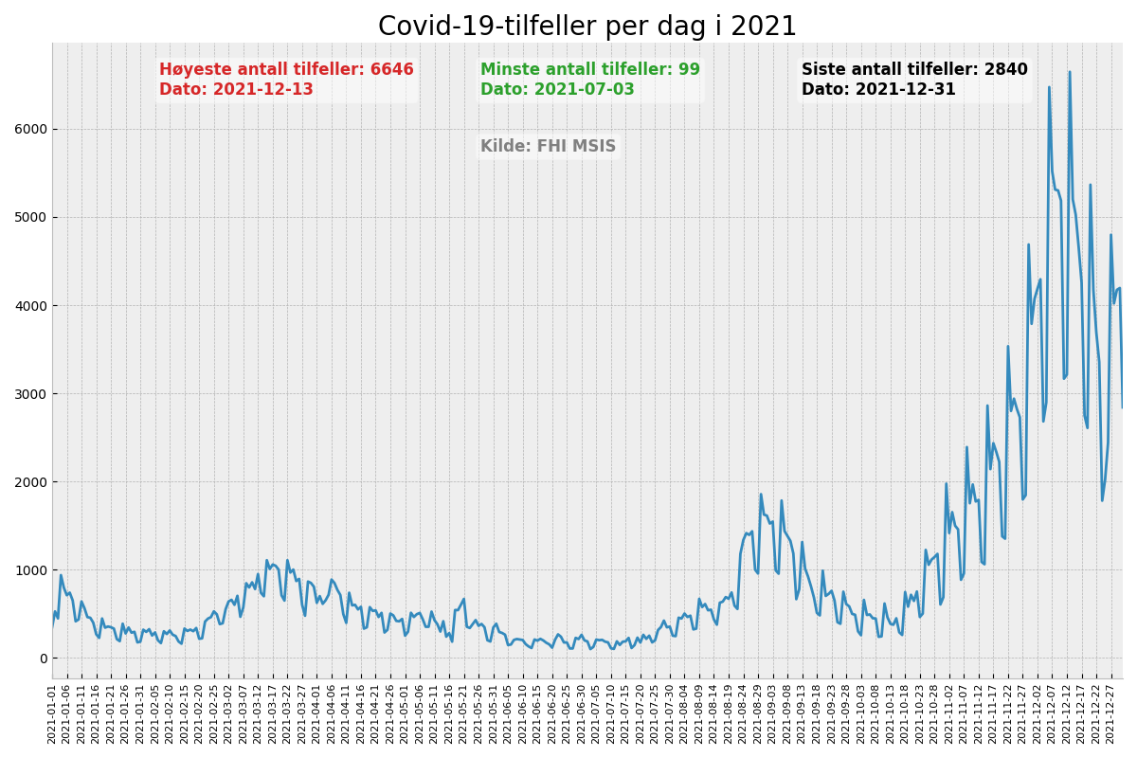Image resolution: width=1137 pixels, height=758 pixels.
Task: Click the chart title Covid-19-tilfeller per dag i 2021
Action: [x=587, y=27]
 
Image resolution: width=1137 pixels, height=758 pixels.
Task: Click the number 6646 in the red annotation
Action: [x=391, y=70]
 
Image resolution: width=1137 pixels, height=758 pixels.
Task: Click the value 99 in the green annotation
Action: [x=689, y=70]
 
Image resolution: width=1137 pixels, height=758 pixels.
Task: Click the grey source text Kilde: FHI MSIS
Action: [x=548, y=147]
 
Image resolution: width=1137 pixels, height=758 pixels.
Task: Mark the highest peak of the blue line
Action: [x=1070, y=72]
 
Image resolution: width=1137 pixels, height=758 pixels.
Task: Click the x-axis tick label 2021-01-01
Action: [x=53, y=715]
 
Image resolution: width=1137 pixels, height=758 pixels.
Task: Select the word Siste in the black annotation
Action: [x=822, y=70]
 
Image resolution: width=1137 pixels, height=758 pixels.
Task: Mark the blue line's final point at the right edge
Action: [x=1122, y=407]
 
